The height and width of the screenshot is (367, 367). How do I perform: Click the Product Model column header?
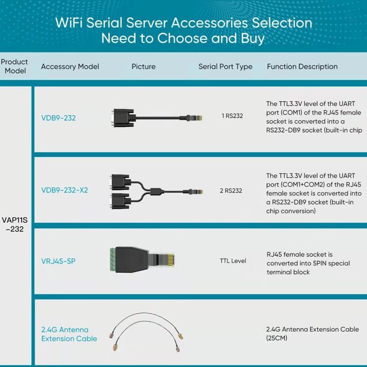coord(15,66)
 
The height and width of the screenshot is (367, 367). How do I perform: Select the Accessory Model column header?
coord(70,67)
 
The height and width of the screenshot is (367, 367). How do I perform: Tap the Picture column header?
coord(143,67)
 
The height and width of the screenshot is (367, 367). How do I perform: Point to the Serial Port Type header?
coord(225,67)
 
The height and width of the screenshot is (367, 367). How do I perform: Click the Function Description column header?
coord(302,67)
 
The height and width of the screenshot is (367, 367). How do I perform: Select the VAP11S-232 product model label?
coord(15,224)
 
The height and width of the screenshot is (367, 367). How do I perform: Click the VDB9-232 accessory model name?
coord(58,118)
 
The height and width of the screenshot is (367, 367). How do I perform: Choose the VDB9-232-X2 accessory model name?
coord(64,190)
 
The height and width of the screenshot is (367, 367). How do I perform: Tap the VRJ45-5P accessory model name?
coord(58,261)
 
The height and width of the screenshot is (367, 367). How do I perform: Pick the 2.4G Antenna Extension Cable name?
coord(69,334)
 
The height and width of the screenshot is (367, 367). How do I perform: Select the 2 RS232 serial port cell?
coord(231,191)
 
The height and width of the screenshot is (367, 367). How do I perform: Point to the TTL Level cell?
coord(233,261)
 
